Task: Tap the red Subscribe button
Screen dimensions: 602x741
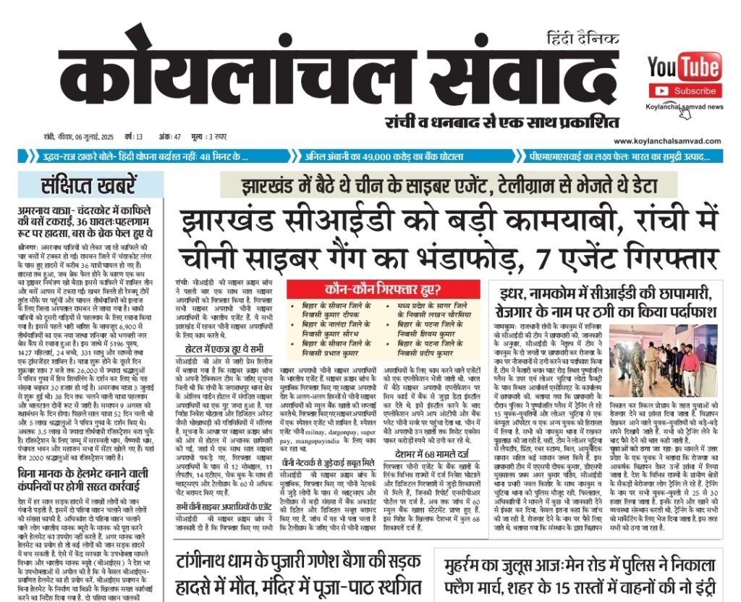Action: tap(685, 91)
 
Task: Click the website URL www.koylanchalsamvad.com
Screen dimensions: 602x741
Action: tap(669, 141)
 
